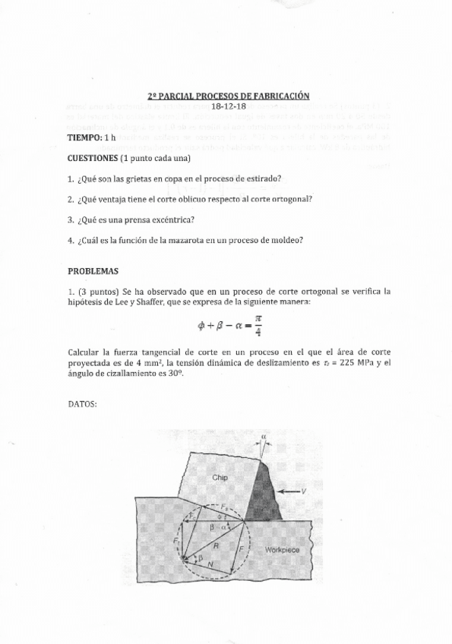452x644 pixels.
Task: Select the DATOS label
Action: [x=83, y=404]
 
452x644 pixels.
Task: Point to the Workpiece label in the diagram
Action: [x=282, y=548]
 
